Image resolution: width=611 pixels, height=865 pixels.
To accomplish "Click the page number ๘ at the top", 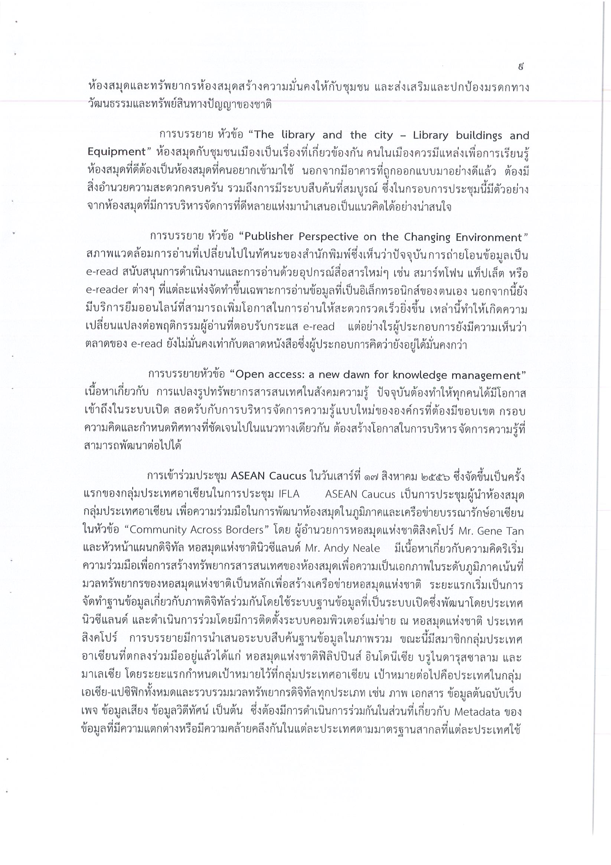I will [520, 68].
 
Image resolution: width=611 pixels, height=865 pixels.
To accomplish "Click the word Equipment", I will [117, 152].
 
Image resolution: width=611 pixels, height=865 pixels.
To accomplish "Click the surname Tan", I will [514, 531].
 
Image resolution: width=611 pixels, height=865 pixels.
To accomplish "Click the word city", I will [383, 135].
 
